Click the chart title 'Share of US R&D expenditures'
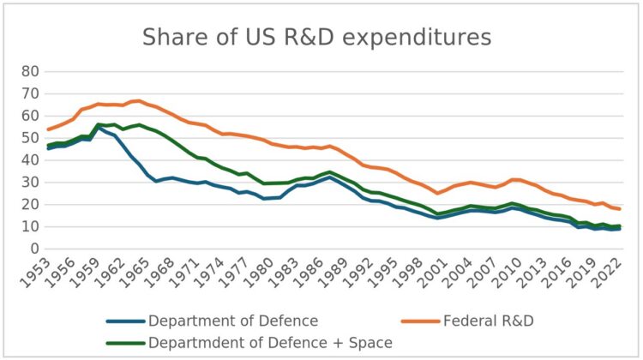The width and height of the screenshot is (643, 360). pos(316,38)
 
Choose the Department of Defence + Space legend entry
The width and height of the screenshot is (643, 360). pos(270,343)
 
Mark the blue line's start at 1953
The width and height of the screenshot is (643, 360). pos(49,147)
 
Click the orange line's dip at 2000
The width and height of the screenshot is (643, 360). pos(437,193)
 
